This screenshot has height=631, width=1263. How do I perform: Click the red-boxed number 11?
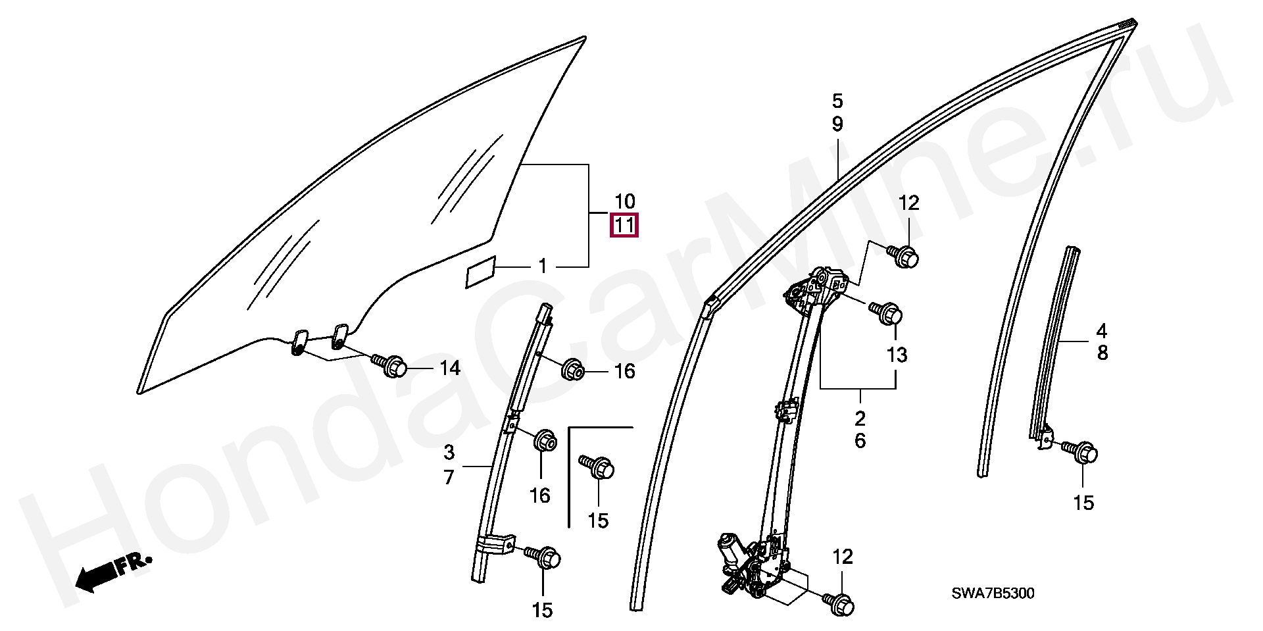coord(624,226)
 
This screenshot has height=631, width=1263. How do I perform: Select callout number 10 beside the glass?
coord(624,201)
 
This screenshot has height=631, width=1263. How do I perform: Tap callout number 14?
coord(450,368)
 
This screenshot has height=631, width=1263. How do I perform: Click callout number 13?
coord(897,355)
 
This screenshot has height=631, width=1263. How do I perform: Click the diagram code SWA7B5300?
coord(993,593)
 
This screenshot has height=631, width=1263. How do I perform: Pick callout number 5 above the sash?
coord(837,101)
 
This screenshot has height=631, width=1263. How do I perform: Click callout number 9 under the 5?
coord(837,124)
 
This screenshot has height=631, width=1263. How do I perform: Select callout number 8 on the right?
coord(1102,353)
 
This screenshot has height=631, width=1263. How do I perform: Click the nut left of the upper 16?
coord(572,370)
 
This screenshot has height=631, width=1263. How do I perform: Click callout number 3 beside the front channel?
coord(449,453)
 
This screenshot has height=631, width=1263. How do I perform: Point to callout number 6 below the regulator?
coord(860,441)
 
